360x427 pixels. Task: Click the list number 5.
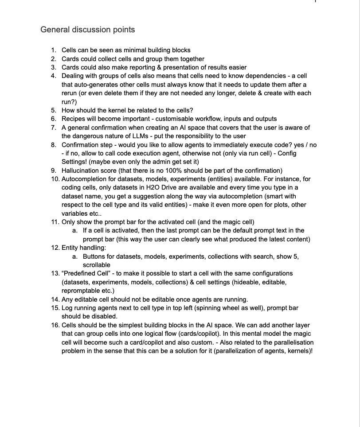point(53,110)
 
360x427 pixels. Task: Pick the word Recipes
point(73,119)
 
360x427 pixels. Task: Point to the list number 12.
point(55,248)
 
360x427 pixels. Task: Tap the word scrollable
point(97,265)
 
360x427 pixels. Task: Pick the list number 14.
point(55,299)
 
